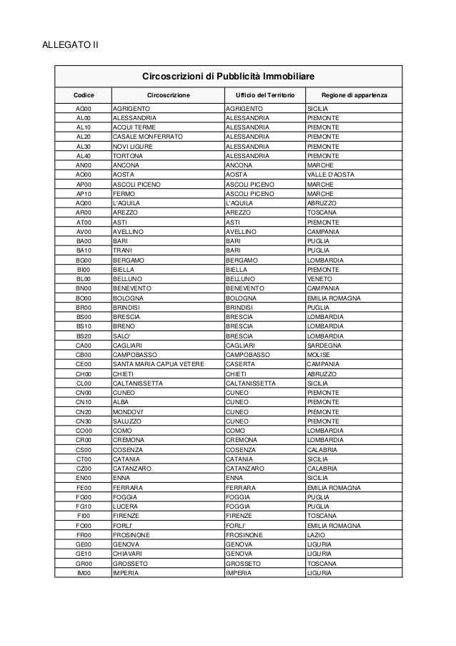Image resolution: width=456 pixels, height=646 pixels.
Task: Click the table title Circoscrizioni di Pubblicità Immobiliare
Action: tap(229, 76)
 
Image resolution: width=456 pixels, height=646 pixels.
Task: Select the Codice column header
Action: tap(84, 95)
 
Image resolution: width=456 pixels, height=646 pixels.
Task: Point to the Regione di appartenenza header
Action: tap(354, 95)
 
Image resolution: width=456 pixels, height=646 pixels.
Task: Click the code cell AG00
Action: tap(84, 109)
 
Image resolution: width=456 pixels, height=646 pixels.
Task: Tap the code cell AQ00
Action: tap(84, 203)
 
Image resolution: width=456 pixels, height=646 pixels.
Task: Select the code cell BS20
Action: tap(84, 336)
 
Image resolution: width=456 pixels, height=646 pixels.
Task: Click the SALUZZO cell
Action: tap(127, 421)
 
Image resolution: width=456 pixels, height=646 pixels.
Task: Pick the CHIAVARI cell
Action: tap(129, 554)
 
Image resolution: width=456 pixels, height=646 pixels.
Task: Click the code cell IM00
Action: tap(84, 572)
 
